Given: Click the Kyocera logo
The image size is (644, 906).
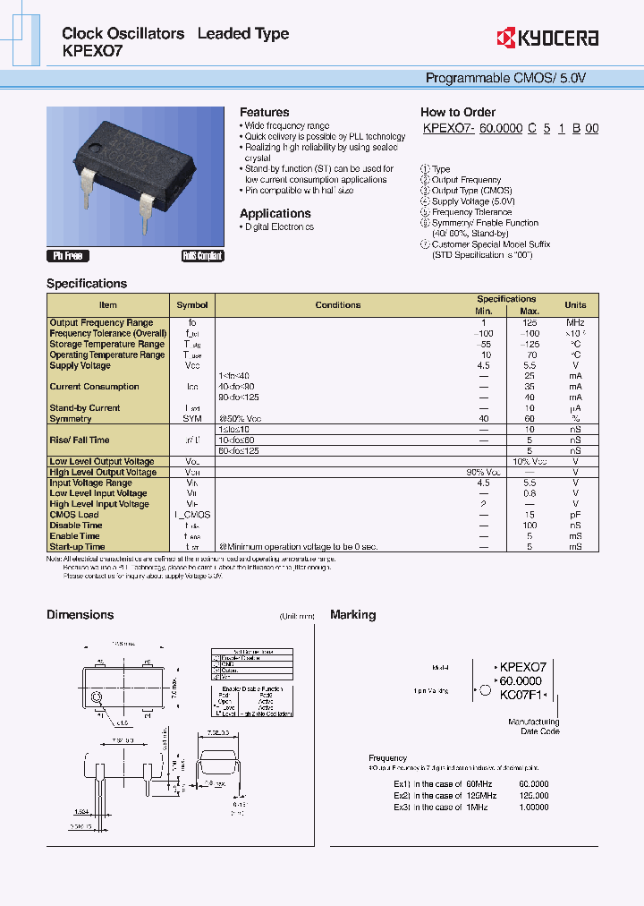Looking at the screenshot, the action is (x=547, y=38).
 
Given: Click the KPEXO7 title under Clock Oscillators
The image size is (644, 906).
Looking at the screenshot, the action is (x=92, y=51).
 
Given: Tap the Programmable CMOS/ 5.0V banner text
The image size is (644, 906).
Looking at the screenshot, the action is (x=505, y=79).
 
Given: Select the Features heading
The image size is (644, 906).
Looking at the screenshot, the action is (x=264, y=112).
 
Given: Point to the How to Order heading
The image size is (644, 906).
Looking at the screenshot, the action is (x=458, y=112).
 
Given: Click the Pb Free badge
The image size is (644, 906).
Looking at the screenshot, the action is (x=68, y=256).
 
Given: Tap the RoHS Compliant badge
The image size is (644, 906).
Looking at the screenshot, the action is (x=202, y=256).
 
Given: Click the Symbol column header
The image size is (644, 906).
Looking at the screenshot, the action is (x=192, y=305).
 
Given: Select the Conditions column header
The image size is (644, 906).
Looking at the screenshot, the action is (x=338, y=305).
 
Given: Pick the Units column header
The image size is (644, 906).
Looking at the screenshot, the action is (x=575, y=305).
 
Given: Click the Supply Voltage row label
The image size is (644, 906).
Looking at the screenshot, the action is (x=80, y=365).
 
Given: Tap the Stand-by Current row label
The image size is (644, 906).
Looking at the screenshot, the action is (x=85, y=408).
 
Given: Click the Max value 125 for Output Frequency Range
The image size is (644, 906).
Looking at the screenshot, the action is (x=530, y=322).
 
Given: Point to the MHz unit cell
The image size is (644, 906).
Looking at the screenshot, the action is (x=575, y=322).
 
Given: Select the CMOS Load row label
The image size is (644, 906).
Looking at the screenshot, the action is (x=74, y=515).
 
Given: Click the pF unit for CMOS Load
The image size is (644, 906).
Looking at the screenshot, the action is (x=575, y=515).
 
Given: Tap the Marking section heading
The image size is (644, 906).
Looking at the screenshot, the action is (x=352, y=615).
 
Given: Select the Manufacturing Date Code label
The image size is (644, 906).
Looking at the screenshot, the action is (x=534, y=726).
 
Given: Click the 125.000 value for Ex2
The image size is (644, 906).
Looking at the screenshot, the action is (x=533, y=795).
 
